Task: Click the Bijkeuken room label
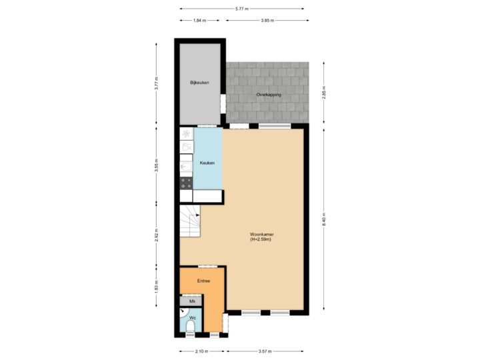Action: pyautogui.click(x=200, y=83)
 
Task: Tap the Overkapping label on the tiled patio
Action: pyautogui.click(x=269, y=95)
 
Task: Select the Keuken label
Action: pyautogui.click(x=207, y=162)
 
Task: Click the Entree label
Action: pyautogui.click(x=203, y=281)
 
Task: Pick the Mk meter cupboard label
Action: pyautogui.click(x=192, y=302)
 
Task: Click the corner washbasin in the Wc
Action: pyautogui.click(x=183, y=311)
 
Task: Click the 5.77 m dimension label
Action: pyautogui.click(x=241, y=9)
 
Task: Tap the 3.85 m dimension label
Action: pyautogui.click(x=267, y=21)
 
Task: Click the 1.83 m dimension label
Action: pyautogui.click(x=156, y=286)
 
